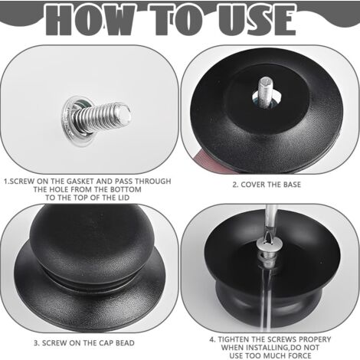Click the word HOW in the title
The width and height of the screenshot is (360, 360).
click(89, 19)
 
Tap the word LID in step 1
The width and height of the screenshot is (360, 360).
click(123, 198)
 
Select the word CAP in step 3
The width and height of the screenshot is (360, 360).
click(106, 342)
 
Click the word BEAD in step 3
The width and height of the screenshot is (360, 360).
click(125, 342)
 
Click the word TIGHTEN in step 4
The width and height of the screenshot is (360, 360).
click(233, 339)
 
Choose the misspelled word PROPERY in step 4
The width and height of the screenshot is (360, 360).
click(315, 339)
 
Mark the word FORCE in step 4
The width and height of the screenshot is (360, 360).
click(300, 355)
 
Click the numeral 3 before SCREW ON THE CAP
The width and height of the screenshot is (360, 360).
click(36, 342)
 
